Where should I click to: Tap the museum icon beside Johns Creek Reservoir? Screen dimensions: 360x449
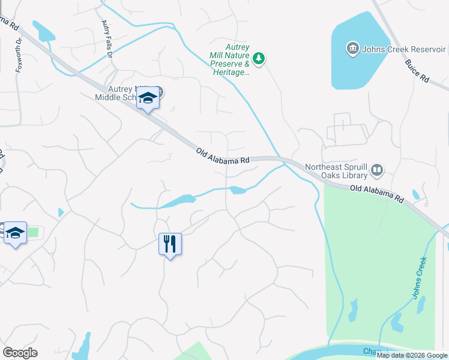tap(352, 48)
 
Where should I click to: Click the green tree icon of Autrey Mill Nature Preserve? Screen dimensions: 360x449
tap(259, 58)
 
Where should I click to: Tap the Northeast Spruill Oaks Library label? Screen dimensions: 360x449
tap(336, 171)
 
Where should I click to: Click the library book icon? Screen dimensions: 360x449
tap(376, 170)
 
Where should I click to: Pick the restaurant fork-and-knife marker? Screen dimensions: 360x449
tap(170, 244)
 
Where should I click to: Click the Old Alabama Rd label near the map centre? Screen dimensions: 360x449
tap(223, 157)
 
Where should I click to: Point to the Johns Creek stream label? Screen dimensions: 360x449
tap(420, 277)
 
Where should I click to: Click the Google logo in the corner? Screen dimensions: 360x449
tap(20, 353)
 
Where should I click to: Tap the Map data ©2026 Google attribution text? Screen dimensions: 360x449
tap(411, 355)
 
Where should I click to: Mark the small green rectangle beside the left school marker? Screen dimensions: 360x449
tap(33, 232)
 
